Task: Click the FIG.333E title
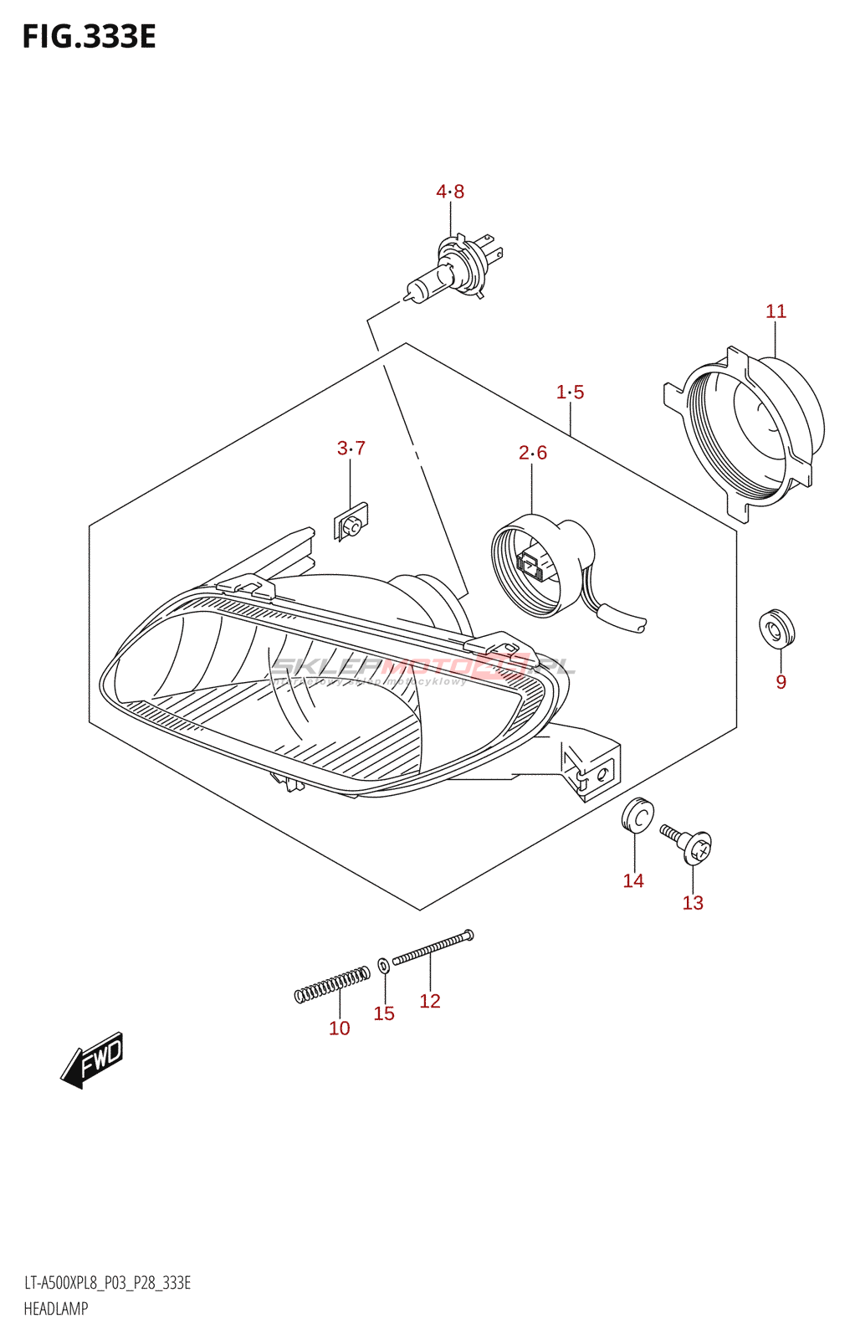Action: point(89,38)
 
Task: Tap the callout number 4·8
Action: point(450,192)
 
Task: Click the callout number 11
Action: point(776,311)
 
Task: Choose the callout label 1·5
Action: point(571,392)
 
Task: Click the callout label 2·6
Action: point(533,453)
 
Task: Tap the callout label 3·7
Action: point(351,449)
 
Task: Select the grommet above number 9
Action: point(776,628)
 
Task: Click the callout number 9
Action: point(781,682)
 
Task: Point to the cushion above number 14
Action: point(637,815)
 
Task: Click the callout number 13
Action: point(693,903)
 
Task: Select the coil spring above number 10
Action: point(332,984)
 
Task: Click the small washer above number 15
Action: point(383,966)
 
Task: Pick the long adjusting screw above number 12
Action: point(433,947)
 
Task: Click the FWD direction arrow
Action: point(93,1059)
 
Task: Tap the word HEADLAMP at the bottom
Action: point(56,1309)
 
